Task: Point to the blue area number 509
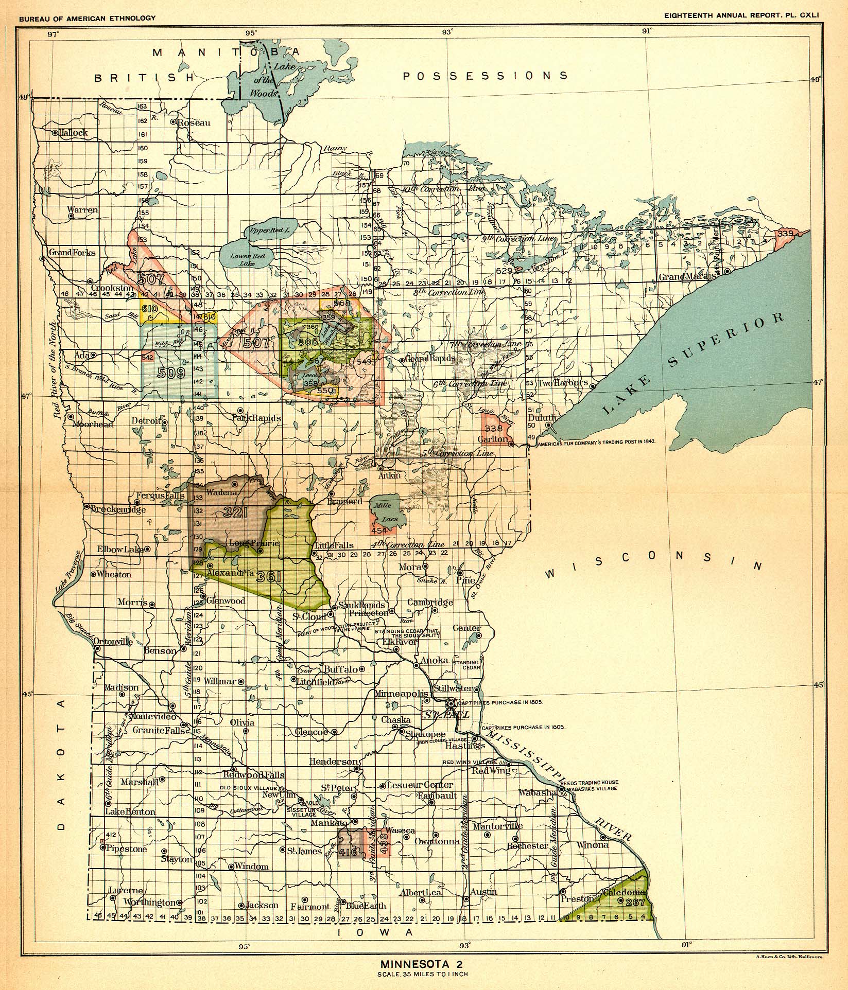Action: pyautogui.click(x=171, y=373)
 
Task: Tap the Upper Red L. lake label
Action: pyautogui.click(x=270, y=231)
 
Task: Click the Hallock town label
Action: pyautogui.click(x=73, y=132)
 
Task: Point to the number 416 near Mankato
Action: pyautogui.click(x=349, y=852)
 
